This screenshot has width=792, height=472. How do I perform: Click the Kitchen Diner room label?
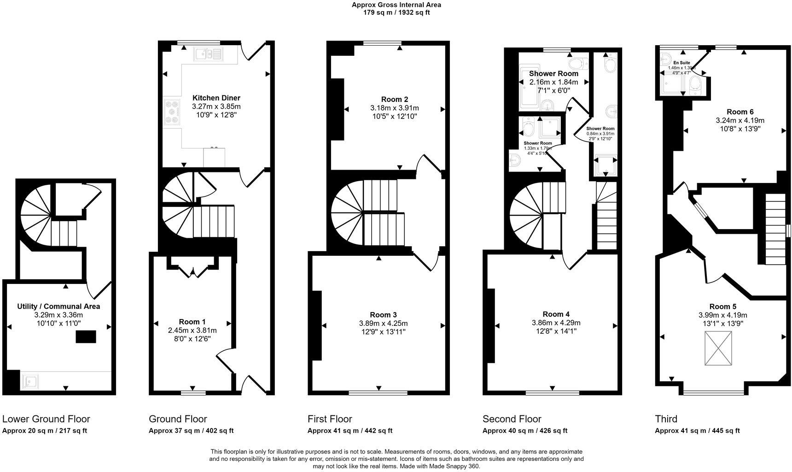(x=216, y=98)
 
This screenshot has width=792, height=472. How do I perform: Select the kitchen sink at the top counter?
(x=202, y=54)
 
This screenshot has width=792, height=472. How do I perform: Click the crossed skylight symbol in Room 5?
(x=718, y=349)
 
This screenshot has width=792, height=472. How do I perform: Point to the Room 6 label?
(x=740, y=112)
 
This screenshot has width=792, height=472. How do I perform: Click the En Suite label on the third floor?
(x=681, y=63)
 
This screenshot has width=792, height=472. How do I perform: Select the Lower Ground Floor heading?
(x=46, y=419)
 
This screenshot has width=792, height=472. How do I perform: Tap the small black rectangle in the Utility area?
(x=86, y=337)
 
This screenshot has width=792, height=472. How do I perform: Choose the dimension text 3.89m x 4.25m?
(x=383, y=324)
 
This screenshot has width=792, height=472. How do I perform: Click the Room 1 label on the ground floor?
(x=192, y=322)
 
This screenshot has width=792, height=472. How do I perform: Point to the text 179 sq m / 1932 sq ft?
(x=396, y=12)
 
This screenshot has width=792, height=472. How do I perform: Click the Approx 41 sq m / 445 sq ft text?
(x=697, y=431)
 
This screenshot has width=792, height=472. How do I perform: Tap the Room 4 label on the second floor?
(x=556, y=314)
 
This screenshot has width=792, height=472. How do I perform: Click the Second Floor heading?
(x=512, y=419)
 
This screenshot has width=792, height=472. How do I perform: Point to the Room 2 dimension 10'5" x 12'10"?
(x=395, y=117)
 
